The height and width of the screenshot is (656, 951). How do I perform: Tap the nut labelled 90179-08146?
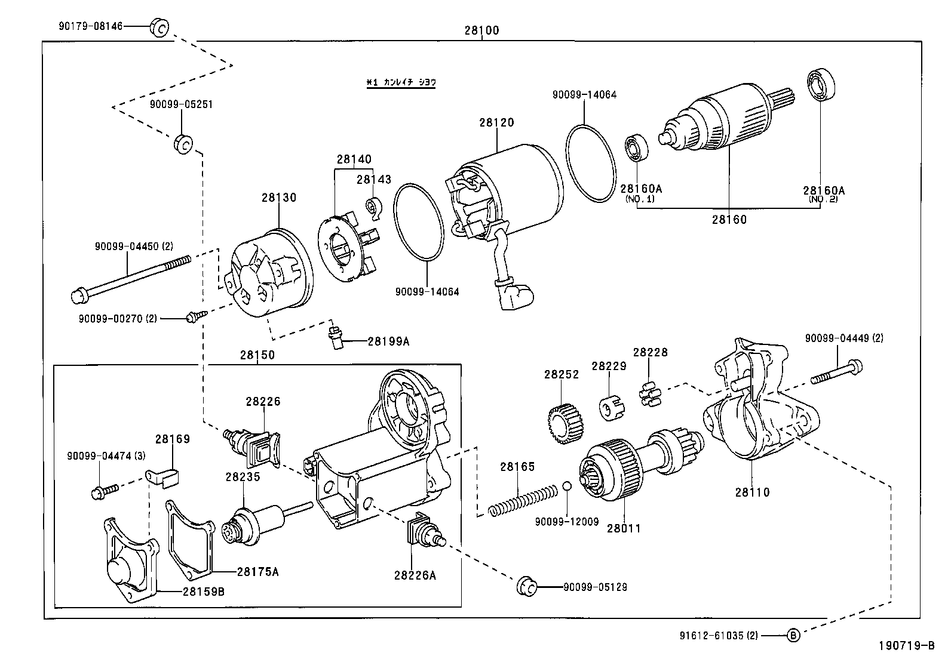(x=159, y=27)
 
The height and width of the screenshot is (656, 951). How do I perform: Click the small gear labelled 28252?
(x=564, y=423)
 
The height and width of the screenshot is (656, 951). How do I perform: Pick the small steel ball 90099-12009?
(x=567, y=485)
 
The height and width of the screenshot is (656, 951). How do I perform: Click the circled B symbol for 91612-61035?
(x=792, y=636)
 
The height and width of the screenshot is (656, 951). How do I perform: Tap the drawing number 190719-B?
(x=906, y=645)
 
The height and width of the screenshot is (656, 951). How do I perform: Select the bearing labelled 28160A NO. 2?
(x=821, y=87)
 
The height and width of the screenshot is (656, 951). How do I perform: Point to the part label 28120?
(x=496, y=122)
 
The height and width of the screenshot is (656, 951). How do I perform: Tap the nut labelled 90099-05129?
(x=526, y=587)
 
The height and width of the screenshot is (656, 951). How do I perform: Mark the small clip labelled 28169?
(x=165, y=477)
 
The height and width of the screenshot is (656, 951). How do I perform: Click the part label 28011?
(x=624, y=528)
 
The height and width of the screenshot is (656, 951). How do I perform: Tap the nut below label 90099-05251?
(x=183, y=144)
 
